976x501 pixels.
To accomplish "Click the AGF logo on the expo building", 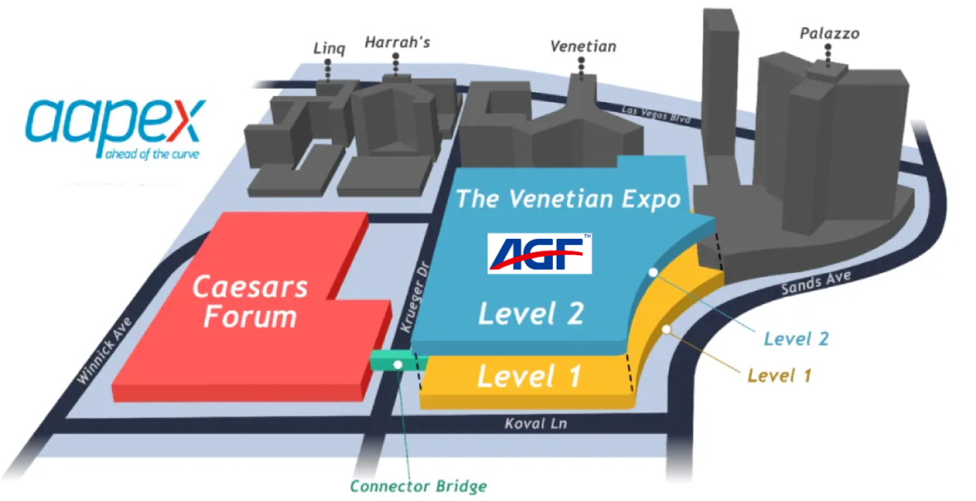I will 540,253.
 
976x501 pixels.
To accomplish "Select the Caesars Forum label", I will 249,302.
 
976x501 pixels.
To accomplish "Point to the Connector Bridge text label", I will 418,486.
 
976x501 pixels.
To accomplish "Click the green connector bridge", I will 399,362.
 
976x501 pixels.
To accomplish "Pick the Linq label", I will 329,47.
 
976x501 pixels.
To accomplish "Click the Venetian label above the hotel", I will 584,46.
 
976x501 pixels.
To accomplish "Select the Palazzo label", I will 830,34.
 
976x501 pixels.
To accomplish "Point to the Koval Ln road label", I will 529,422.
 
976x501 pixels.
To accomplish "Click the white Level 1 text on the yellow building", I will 530,375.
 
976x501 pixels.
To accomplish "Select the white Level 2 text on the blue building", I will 530,313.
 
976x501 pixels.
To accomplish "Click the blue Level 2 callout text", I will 796,339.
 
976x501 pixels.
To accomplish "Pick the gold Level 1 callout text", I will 779,374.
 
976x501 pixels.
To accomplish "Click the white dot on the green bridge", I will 399,364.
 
